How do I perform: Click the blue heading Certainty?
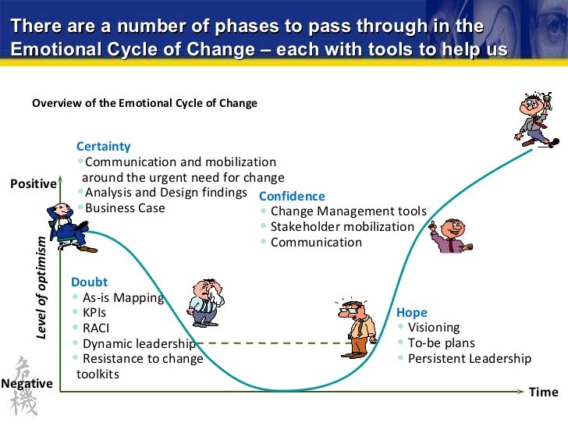point(103,147)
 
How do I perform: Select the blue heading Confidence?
point(292,197)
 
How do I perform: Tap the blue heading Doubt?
point(89,282)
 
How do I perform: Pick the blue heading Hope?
point(411,312)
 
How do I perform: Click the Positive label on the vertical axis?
point(33,184)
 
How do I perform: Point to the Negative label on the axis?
point(27,384)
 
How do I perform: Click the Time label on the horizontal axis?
point(543,392)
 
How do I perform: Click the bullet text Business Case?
point(125,208)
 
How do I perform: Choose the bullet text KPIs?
point(95,312)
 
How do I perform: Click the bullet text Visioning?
point(434,328)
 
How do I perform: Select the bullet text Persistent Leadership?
point(470,359)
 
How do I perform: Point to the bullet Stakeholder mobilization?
point(342,226)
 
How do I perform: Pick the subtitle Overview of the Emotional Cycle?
point(144,103)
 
